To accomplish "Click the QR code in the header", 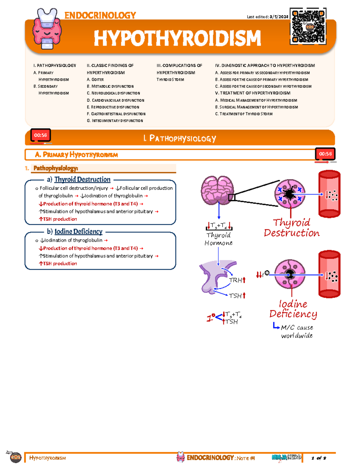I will click(308, 26).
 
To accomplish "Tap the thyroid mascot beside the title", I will click(47, 29).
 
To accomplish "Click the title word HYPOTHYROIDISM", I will click(177, 38).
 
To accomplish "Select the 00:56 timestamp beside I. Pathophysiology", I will click(40, 135).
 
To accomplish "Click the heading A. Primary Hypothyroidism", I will click(76, 155).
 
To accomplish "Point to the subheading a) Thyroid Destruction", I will click(79, 179).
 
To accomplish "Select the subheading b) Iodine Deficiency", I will click(75, 232).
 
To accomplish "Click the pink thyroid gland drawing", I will click(217, 190).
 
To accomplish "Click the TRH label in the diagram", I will click(236, 280).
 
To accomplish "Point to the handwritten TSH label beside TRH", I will click(236, 296).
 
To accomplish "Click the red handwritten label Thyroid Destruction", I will click(292, 228).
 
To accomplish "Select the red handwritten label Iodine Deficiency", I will click(293, 309).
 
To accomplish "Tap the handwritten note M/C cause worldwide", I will click(296, 331).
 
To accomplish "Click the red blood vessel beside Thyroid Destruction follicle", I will click(329, 194).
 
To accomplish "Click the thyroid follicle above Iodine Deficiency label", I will click(290, 274).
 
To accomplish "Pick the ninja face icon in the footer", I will click(15, 457).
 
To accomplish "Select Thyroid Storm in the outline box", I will click(170, 80).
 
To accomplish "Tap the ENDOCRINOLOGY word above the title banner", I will click(100, 15).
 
